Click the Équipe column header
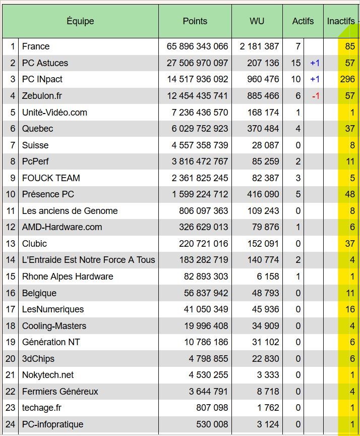coord(80,21)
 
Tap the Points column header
coord(195,21)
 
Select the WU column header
coord(257,21)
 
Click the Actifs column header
coord(303,21)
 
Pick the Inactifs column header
coord(341,21)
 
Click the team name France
coord(36,46)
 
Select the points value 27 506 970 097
coord(197,63)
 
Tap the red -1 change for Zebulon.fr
coord(315,96)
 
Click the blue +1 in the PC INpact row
coord(315,79)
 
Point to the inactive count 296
coord(347,79)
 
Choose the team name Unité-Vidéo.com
coord(54,113)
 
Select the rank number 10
coord(11,194)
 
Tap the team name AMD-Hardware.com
coord(62,227)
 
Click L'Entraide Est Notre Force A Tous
coord(88,260)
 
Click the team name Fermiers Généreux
coord(60,392)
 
